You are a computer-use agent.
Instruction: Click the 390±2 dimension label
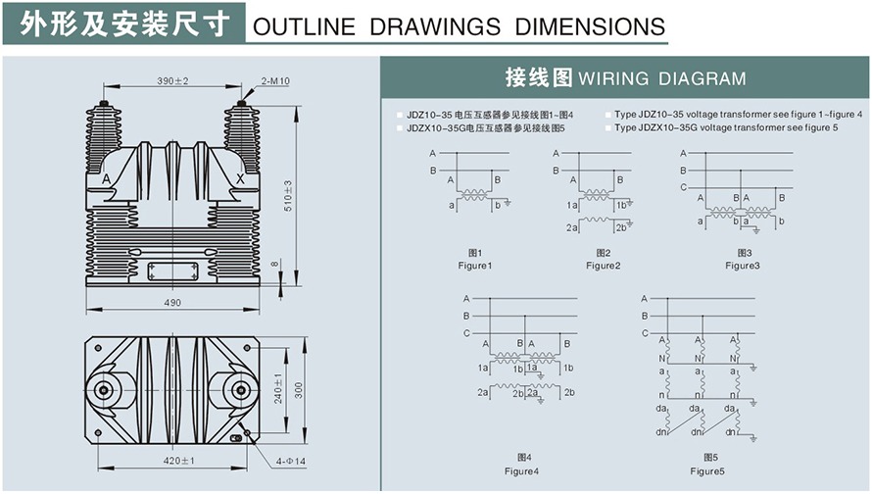[172, 80]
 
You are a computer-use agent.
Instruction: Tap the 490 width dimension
[172, 303]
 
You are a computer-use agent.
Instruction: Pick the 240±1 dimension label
[278, 389]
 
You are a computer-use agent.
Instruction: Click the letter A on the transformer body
[106, 179]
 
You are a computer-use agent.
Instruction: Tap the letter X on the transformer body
[241, 179]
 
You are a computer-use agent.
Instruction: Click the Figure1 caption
[475, 266]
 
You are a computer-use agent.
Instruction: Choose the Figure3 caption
[742, 266]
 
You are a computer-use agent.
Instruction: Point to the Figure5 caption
[706, 471]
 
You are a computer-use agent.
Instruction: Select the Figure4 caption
[521, 471]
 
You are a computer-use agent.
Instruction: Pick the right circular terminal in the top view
[241, 390]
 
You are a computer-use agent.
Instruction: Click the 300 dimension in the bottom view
[300, 389]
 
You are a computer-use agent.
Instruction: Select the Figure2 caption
[604, 266]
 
